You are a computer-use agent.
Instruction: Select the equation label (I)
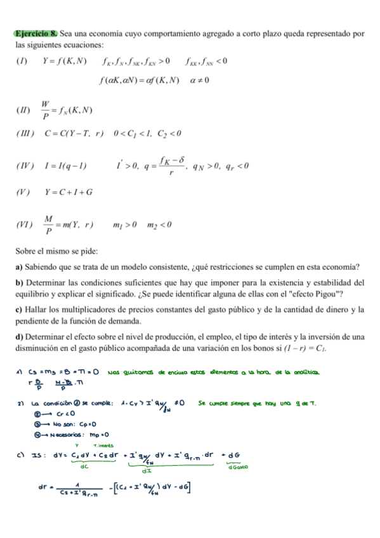[x=22, y=62]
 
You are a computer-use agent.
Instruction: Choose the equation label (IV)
[x=23, y=167]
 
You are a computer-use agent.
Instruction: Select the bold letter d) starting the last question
[x=19, y=336]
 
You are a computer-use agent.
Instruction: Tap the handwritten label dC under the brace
[x=84, y=468]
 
